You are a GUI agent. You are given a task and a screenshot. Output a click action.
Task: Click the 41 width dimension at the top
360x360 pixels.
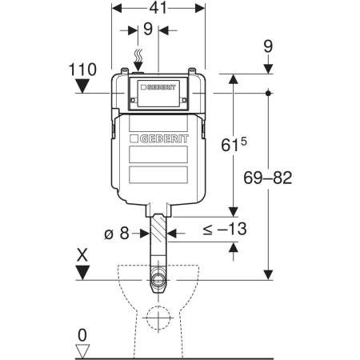click(x=158, y=8)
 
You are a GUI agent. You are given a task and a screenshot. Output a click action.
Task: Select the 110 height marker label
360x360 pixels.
click(x=82, y=70)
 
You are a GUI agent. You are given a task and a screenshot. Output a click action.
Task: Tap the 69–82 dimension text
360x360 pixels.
click(x=268, y=178)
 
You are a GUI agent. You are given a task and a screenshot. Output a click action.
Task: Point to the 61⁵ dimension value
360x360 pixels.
click(x=234, y=145)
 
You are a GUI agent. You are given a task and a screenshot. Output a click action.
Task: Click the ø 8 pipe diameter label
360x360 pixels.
click(x=117, y=234)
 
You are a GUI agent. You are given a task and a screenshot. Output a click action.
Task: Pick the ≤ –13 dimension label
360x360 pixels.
click(x=225, y=229)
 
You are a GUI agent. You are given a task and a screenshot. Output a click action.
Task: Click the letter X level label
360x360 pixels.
click(x=82, y=255)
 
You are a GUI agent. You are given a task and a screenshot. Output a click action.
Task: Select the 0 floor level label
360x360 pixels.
click(x=82, y=335)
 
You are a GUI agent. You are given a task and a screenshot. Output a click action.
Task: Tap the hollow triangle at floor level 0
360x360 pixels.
click(x=82, y=351)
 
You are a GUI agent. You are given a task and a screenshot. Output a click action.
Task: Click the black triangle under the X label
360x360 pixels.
click(x=82, y=273)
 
